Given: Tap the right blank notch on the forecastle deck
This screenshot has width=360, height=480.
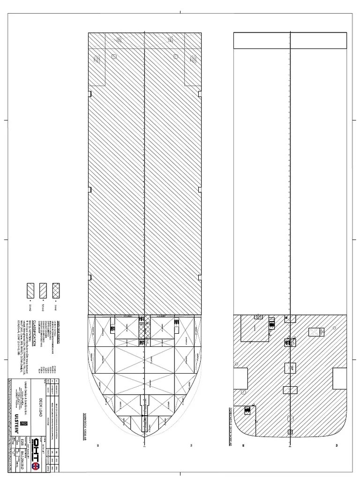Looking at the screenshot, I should coord(340,378).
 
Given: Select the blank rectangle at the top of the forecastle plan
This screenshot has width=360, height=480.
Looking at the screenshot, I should coord(291,40).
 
